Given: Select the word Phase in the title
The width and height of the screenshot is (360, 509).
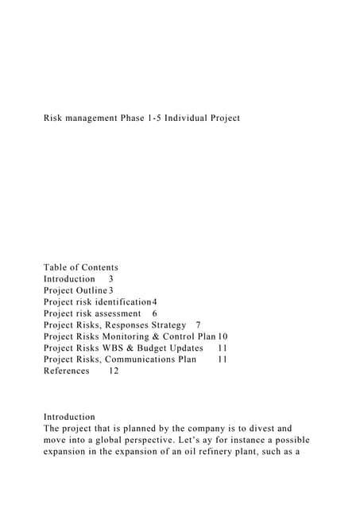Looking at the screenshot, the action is (x=143, y=119).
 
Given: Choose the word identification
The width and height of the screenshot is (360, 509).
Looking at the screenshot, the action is (x=120, y=302).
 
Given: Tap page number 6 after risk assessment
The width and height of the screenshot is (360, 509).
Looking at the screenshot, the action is (x=154, y=313).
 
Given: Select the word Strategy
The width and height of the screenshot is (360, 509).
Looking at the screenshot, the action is (x=165, y=325).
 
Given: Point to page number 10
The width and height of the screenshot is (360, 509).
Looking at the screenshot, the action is (x=223, y=336).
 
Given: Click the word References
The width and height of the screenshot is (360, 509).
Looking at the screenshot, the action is (x=66, y=371).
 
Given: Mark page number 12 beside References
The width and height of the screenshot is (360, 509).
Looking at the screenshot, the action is (x=114, y=371).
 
